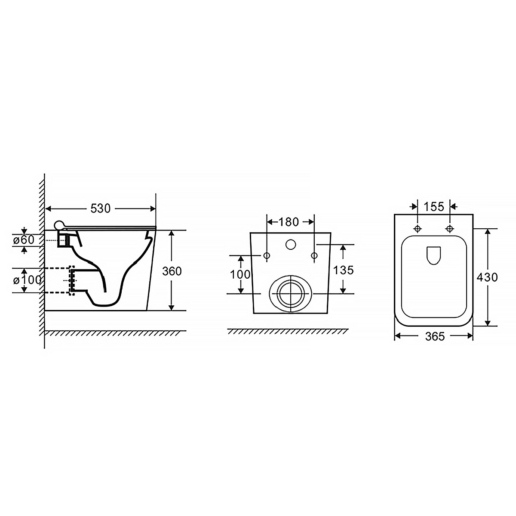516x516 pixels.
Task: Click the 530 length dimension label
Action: click(x=101, y=208)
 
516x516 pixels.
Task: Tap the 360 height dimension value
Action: click(x=172, y=271)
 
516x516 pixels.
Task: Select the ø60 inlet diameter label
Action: click(x=24, y=240)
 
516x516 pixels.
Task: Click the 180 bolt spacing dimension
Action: click(x=289, y=222)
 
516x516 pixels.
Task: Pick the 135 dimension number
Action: click(x=343, y=270)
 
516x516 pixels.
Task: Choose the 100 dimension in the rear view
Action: click(x=240, y=274)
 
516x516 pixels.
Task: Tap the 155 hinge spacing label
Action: click(x=434, y=206)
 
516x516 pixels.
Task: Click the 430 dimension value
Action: click(x=487, y=277)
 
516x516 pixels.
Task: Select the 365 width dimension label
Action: click(x=435, y=336)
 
